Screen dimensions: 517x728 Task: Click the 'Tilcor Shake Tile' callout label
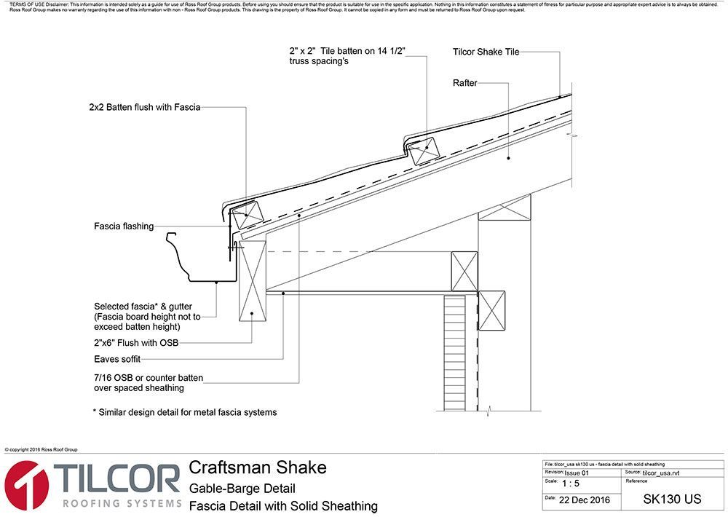click(x=486, y=52)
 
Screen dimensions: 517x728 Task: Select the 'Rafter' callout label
click(x=464, y=83)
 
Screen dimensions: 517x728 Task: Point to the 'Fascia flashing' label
click(x=124, y=226)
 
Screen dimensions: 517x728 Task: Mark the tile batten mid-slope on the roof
click(x=423, y=152)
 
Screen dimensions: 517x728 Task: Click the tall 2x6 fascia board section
click(x=252, y=285)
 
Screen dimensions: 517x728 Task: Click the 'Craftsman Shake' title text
click(x=258, y=467)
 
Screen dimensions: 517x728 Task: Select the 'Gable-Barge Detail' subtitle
click(x=242, y=488)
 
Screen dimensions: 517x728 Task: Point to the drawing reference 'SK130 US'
click(x=672, y=500)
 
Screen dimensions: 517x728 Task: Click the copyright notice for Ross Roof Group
click(x=41, y=450)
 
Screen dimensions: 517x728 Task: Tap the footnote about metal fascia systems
click(x=184, y=412)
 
